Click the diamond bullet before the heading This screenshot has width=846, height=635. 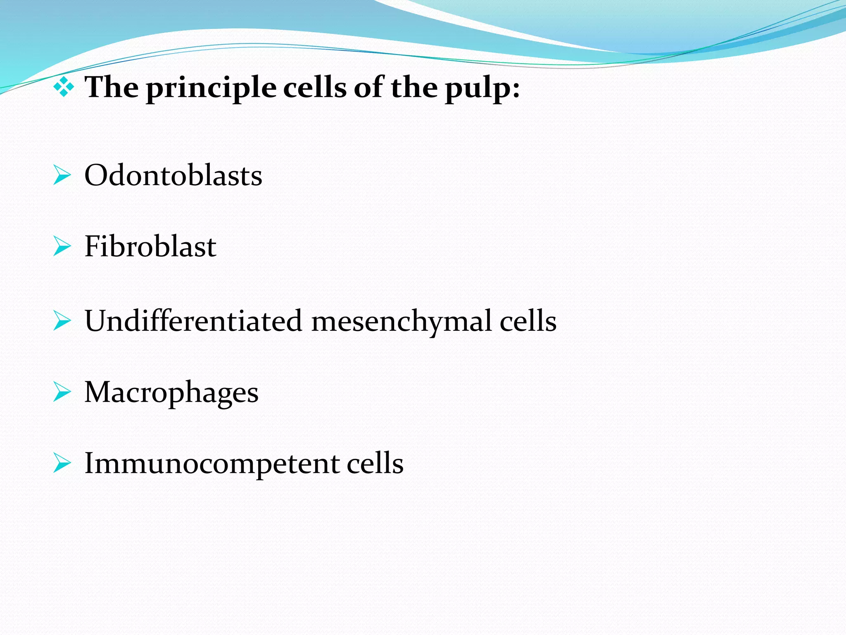pos(64,87)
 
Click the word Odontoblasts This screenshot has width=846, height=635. pos(173,175)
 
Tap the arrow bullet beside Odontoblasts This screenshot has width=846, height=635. pos(62,176)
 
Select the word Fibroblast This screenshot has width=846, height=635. pos(150,246)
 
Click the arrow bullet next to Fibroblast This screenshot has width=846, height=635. pos(62,247)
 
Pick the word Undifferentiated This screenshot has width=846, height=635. pos(193,321)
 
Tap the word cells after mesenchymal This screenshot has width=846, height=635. pos(528,321)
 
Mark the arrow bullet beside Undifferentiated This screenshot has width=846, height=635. pos(62,321)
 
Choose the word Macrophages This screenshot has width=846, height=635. pos(171,392)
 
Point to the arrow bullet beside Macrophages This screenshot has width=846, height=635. pos(62,392)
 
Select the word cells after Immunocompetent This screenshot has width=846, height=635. pos(375,463)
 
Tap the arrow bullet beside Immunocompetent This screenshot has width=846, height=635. pos(62,463)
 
